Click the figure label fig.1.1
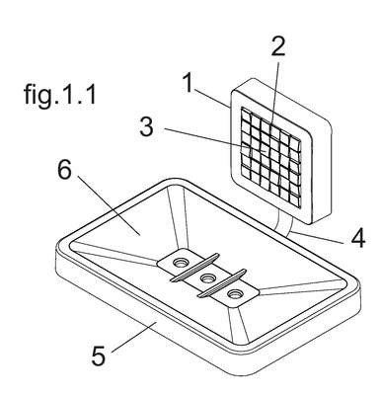tap(60, 95)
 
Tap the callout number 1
tap(189, 83)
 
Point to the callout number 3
tap(146, 126)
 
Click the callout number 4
tap(358, 238)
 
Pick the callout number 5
tap(99, 355)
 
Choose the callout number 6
tap(64, 170)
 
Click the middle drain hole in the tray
tap(207, 278)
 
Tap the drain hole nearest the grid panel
tap(181, 263)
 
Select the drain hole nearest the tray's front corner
tap(235, 293)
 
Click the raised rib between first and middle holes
tap(194, 268)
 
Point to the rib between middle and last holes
tap(222, 282)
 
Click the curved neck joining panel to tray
tap(283, 223)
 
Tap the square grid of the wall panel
tap(270, 155)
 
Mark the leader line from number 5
tap(133, 338)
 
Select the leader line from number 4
tap(316, 237)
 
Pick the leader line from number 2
tap(274, 95)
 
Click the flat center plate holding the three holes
tap(208, 278)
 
